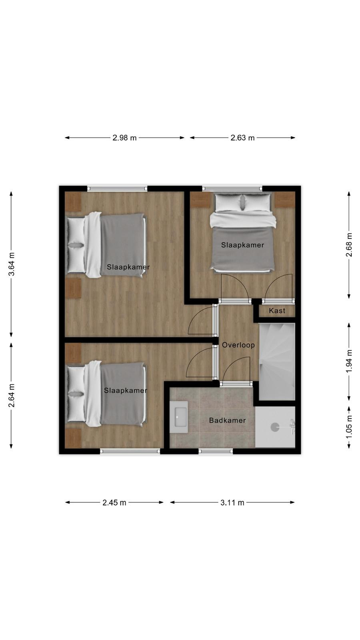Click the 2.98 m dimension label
124,138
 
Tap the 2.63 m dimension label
242,138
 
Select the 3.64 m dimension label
12,264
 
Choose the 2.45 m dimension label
114,502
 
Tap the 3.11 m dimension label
232,502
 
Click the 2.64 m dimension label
12,396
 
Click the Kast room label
277,310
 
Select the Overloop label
238,345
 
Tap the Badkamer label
228,420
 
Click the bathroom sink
179,413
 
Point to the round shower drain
275,427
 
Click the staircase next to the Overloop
277,362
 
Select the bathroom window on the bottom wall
216,451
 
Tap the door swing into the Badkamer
236,369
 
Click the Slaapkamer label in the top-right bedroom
242,245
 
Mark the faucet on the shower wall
292,427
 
